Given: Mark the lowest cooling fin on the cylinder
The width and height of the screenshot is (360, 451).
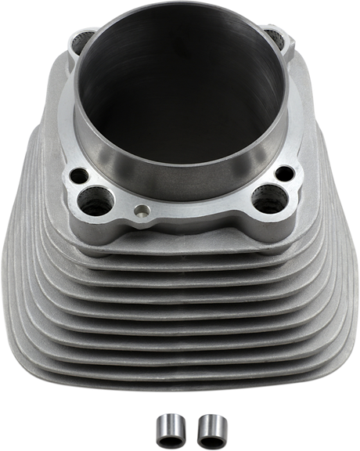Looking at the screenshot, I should click(180, 384).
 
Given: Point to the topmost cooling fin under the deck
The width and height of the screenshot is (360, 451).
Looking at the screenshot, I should click(180, 244).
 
